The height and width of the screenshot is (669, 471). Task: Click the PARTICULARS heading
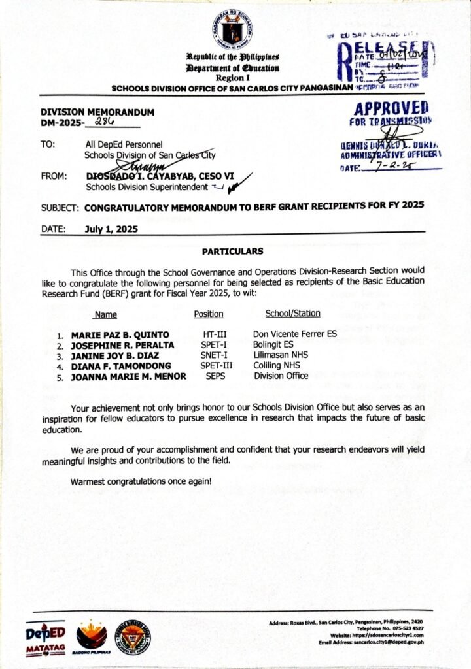[x=232, y=251]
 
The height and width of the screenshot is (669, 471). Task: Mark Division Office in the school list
[x=281, y=376]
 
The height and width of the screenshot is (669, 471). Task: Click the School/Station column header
[x=293, y=314]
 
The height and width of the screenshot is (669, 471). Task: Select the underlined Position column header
[x=209, y=314]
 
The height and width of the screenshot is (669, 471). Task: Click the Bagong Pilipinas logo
[x=92, y=637]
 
